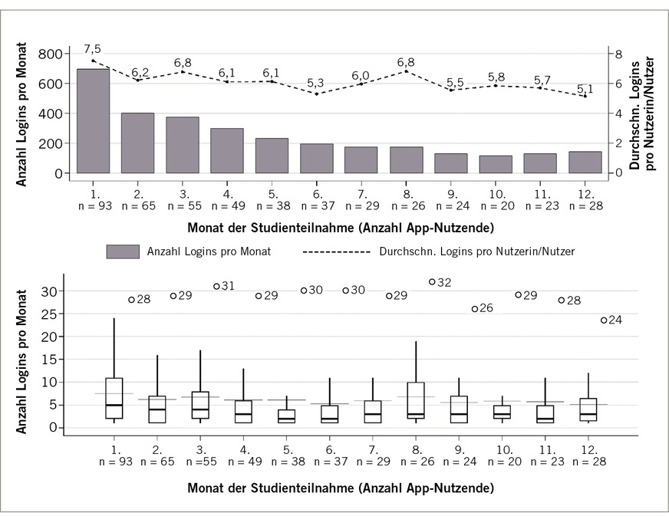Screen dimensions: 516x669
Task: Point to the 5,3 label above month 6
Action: [316, 82]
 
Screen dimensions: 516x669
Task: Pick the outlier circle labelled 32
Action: [432, 282]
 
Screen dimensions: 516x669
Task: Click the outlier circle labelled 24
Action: [604, 320]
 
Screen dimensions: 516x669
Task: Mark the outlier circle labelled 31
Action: [217, 286]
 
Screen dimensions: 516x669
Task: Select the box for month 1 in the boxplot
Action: [114, 398]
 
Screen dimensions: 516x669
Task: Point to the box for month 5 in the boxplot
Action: [286, 416]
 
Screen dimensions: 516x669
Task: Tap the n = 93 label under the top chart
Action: [93, 205]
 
